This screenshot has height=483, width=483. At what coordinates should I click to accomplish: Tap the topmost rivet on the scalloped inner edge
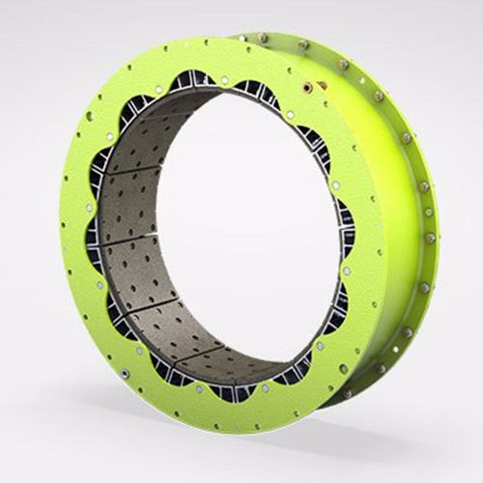point(225,80)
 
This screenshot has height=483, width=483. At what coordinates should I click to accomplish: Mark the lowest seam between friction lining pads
point(198,357)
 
